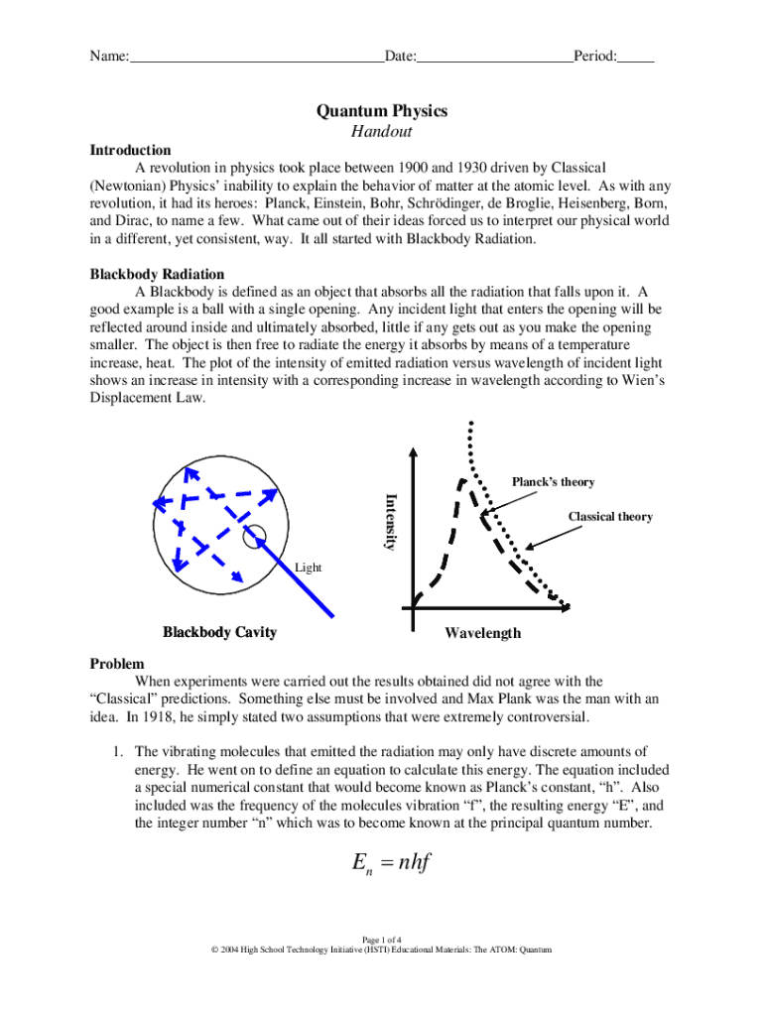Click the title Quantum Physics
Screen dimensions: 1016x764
[382, 110]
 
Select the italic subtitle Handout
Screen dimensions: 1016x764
[382, 132]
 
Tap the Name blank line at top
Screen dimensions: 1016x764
[257, 58]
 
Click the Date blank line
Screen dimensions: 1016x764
[493, 58]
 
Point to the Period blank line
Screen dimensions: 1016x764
[635, 58]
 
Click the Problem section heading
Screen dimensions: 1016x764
[117, 664]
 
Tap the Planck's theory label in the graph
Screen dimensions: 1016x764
[553, 482]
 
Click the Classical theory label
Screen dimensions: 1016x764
[609, 517]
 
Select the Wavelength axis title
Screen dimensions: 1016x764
[482, 633]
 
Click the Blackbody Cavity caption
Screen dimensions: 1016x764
[219, 632]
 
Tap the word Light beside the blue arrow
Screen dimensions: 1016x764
[309, 568]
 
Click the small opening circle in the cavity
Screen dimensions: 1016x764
[254, 534]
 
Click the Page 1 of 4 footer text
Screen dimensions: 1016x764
[382, 939]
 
